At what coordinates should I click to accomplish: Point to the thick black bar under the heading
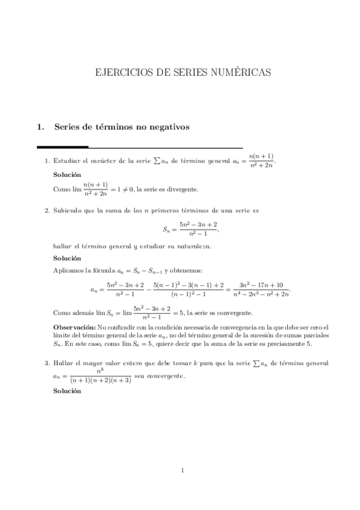click(x=63, y=147)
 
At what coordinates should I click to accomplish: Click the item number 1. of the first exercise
click(x=47, y=161)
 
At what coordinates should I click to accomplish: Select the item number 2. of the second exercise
click(x=47, y=210)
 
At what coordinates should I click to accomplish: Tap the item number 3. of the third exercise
click(x=47, y=363)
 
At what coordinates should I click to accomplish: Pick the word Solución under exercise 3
click(x=66, y=391)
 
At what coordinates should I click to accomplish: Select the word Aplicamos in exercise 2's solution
click(x=70, y=271)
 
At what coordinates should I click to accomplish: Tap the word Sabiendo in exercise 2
click(x=68, y=210)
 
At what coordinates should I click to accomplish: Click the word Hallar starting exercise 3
click(x=64, y=363)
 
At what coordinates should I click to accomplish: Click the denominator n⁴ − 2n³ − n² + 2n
click(x=261, y=293)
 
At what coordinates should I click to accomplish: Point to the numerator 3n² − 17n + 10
click(x=261, y=284)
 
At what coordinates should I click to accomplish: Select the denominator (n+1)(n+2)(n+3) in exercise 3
click(x=100, y=381)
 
